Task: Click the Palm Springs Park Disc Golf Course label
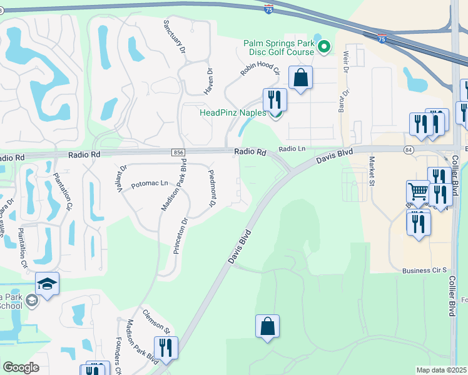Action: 278,47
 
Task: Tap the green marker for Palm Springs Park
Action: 324,46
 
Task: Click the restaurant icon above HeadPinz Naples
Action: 275,99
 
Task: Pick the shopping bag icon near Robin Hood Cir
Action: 301,78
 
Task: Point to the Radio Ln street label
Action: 292,149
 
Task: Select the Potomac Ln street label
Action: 150,184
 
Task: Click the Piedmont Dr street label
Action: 212,189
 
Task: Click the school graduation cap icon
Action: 48,284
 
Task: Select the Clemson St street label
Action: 156,321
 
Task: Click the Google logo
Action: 21,367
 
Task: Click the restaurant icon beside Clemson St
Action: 166,348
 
